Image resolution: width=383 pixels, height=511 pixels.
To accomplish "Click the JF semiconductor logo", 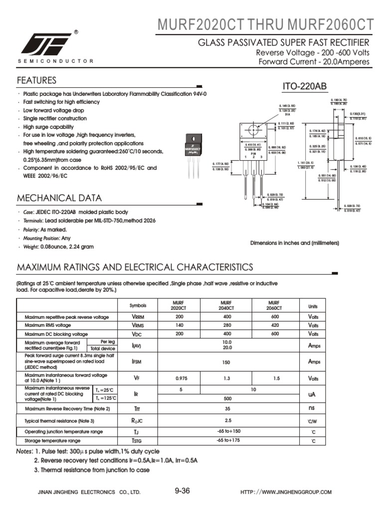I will point(46,44).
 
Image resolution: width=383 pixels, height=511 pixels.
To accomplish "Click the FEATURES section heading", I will point(36,80).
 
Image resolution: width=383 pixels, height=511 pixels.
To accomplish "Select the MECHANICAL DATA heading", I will point(59,198).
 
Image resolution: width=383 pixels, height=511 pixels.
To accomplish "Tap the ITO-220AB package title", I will point(305,87).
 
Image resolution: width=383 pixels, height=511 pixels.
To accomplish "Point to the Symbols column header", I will point(138,305).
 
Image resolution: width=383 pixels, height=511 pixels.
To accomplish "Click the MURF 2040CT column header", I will point(226,305).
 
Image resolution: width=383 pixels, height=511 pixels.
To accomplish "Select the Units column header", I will point(312,305).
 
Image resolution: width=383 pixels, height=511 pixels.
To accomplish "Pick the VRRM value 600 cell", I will point(275,317).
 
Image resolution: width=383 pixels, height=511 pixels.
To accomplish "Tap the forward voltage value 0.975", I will point(179,379).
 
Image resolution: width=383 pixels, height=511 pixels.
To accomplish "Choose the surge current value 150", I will point(226,362).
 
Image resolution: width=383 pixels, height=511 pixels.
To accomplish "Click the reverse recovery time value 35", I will point(227,409).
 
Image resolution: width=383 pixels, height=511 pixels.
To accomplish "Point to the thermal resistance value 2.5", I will point(227,420).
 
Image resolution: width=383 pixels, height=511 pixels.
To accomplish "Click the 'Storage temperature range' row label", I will point(52,441).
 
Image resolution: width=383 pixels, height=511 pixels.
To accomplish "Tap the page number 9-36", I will point(183,491).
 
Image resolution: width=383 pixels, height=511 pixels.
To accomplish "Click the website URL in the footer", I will point(286,492).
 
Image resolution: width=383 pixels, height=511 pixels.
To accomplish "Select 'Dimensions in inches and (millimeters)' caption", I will point(294,243).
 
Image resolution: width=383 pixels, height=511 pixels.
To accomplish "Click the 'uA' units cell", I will point(312,394).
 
